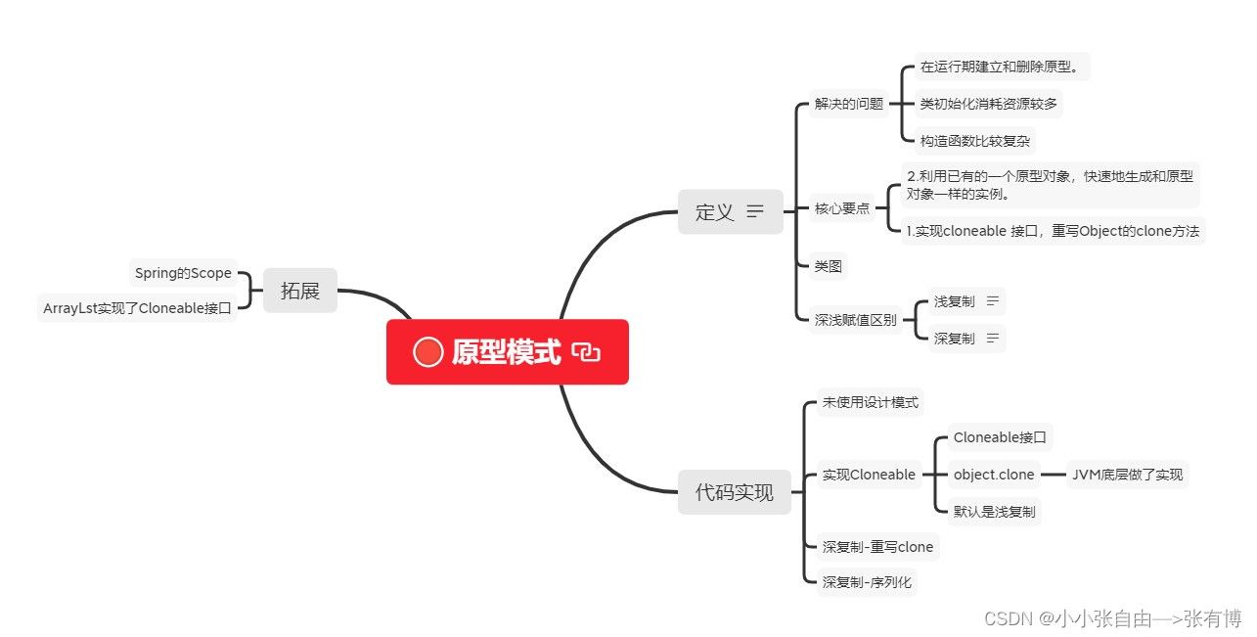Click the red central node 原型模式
507,352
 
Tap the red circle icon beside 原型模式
427,352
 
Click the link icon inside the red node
586,353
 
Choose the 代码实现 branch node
734,492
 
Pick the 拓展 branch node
300,291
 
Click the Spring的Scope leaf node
183,273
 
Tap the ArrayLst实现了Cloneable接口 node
137,308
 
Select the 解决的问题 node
849,103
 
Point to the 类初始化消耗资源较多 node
988,103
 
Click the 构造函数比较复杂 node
974,141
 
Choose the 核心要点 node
842,208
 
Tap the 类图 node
828,265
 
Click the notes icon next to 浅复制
993,301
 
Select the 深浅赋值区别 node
855,320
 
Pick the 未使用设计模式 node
870,402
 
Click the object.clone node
994,475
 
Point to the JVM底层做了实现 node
1127,475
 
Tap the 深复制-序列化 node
867,582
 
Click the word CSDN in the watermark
1008,618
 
